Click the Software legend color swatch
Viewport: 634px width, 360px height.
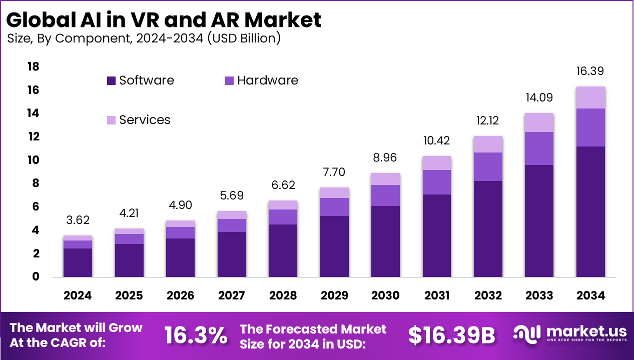[111, 80]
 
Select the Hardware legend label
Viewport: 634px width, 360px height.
[267, 80]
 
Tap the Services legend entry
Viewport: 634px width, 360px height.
[145, 120]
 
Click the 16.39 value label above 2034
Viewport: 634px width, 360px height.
[590, 71]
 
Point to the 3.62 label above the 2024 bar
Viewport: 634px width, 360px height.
[78, 220]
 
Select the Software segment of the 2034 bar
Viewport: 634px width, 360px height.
[590, 211]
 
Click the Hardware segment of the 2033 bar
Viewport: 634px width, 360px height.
[539, 148]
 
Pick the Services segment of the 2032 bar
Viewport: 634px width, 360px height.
[488, 144]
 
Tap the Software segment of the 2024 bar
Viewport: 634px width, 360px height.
[78, 262]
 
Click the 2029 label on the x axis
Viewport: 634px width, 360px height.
[334, 295]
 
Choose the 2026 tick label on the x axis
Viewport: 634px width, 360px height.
[180, 295]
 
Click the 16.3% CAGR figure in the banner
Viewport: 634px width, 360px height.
[196, 335]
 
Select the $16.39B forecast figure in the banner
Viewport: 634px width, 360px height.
[451, 335]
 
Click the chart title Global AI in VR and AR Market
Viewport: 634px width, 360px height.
[164, 20]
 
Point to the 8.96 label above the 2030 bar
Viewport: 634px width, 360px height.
[385, 157]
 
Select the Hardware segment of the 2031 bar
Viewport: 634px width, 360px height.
[437, 182]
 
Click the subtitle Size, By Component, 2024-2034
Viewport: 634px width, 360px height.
[144, 38]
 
